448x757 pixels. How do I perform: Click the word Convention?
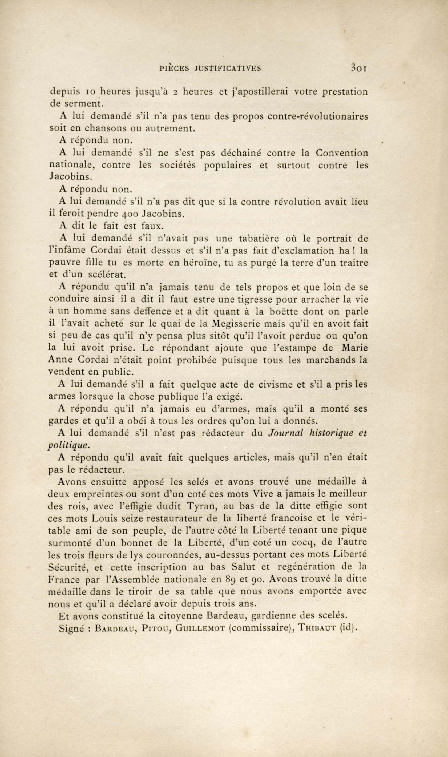[x=342, y=153]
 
